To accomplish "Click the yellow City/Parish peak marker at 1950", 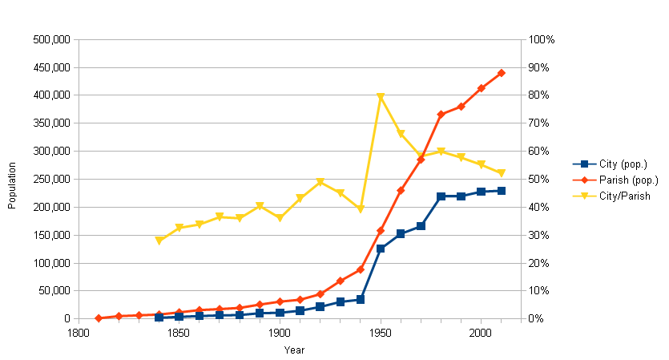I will pos(381,97).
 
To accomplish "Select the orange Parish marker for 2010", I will pos(502,73).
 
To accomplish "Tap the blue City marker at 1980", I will pos(441,196).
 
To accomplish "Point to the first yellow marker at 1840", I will pos(159,241).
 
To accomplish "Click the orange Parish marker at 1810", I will pos(99,318).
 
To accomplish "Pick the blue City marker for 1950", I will pos(381,249).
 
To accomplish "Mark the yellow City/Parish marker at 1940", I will pos(361,209).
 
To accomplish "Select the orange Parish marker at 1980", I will pos(441,115).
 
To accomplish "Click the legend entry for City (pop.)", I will pos(613,164).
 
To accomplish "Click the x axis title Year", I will pos(294,350).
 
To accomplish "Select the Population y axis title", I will pos(12,179).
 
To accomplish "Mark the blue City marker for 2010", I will pos(502,191).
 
